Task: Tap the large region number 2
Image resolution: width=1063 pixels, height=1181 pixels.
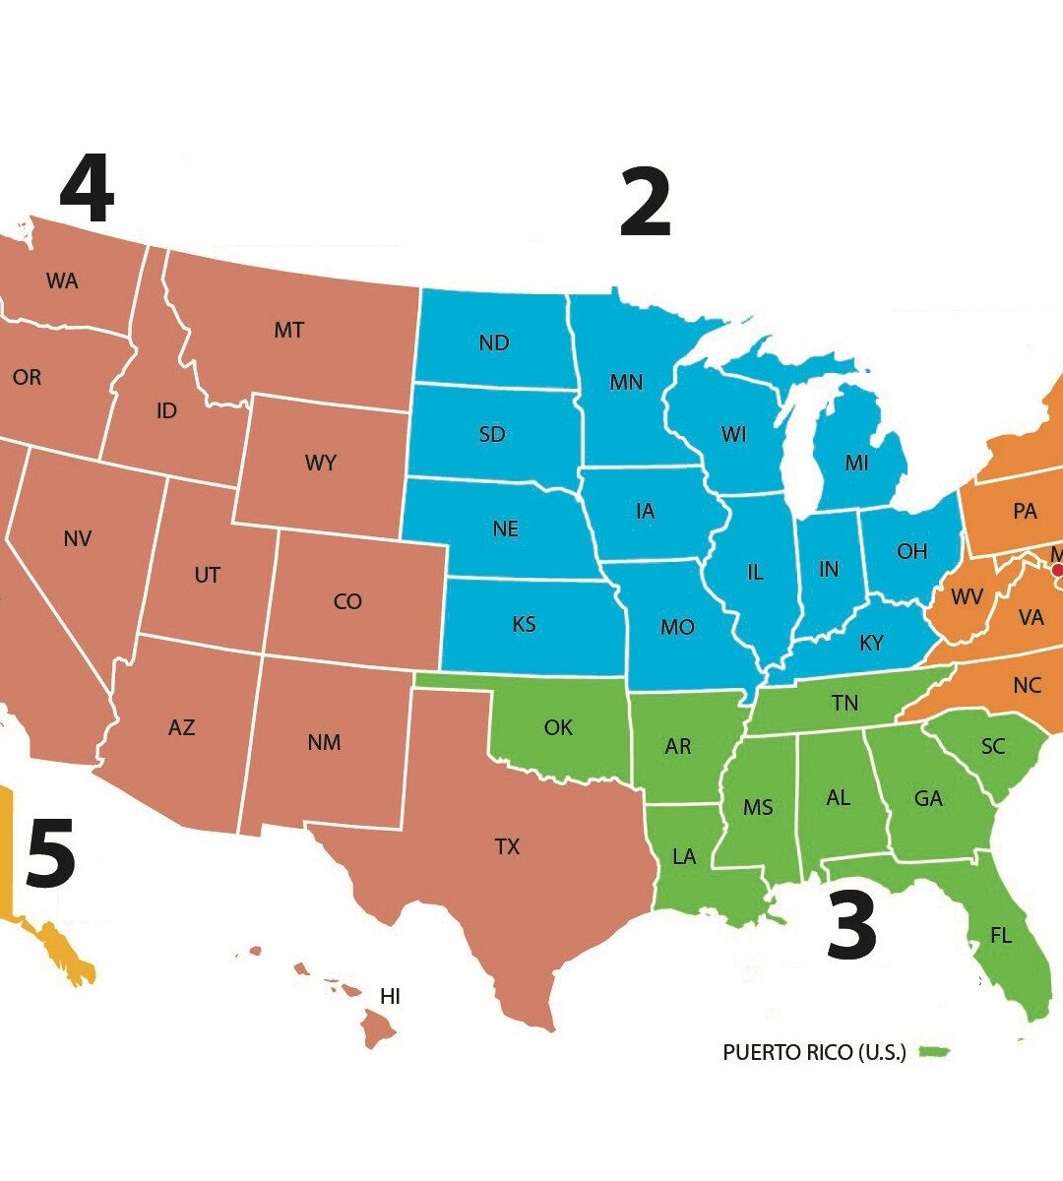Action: coord(645,203)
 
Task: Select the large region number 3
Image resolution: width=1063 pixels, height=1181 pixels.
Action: coord(851,926)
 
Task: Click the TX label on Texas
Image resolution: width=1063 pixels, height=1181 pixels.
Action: coord(507,846)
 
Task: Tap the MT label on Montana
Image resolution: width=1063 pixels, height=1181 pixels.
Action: coord(288,331)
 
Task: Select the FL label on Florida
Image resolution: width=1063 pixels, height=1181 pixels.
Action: coord(1000,936)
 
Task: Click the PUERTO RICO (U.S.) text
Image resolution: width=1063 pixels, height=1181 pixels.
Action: coord(814,1052)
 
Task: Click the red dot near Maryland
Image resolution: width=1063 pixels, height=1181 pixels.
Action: coord(1057,569)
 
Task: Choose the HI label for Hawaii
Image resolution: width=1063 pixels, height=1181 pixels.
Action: coord(390,997)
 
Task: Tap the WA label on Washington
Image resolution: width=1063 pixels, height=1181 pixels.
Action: coord(62,281)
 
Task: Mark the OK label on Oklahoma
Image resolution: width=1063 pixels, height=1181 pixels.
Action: coord(558,727)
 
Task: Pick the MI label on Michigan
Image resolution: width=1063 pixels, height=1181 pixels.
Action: coord(856,463)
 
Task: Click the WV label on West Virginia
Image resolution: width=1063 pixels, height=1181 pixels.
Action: coord(967,597)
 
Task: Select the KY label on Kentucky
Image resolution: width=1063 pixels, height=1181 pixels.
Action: coord(871,644)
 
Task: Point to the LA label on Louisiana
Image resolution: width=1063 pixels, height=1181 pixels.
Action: coord(684,856)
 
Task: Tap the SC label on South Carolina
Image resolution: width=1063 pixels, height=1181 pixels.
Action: coord(993,747)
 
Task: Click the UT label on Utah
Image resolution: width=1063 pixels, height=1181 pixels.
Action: coord(207,575)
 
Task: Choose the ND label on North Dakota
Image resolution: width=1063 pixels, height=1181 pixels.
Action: coord(494,342)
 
